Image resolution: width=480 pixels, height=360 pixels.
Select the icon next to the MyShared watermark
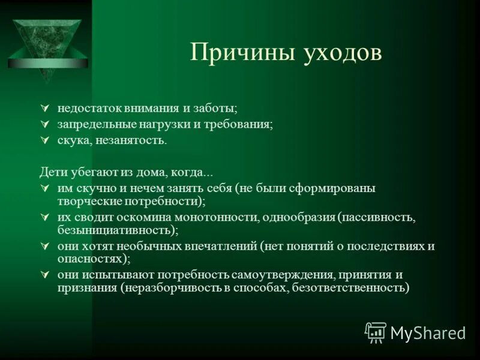(376, 332)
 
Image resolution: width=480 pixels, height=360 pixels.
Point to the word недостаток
(85, 109)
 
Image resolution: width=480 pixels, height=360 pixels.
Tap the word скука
(73, 140)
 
